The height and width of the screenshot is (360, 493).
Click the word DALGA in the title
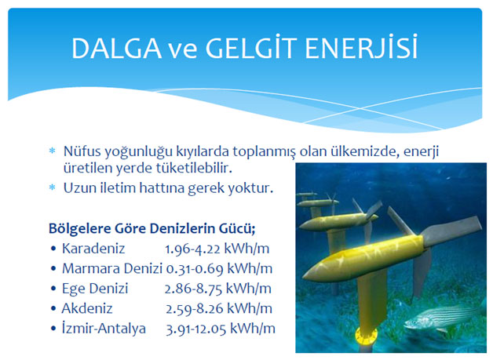116,49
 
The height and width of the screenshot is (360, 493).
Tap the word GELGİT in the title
251,48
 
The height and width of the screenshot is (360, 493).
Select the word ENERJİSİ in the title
361,47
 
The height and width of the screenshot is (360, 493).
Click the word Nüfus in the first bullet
82,151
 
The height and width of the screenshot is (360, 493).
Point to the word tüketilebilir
194,169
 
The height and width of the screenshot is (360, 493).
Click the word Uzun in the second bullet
79,188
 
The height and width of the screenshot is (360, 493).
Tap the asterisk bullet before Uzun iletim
52,187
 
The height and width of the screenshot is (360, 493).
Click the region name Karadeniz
93,249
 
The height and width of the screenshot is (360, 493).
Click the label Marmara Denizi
112,268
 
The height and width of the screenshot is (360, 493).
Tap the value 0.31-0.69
195,269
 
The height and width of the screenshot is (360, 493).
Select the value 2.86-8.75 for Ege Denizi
193,289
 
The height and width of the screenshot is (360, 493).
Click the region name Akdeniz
87,308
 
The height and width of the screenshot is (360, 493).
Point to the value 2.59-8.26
195,309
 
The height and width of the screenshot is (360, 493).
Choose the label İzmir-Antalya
104,329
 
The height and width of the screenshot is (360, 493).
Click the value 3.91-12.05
196,329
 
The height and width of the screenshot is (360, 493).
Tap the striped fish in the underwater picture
443,317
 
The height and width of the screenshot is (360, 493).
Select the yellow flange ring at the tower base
366,336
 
